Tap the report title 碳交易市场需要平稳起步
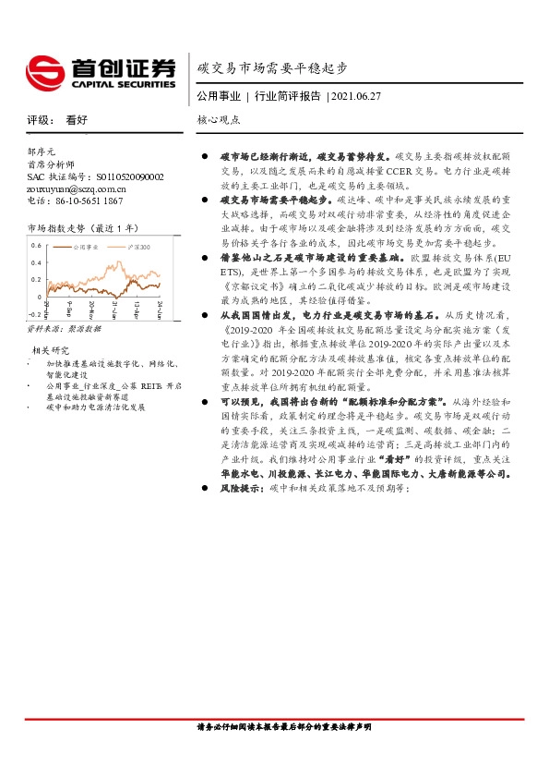[273, 68]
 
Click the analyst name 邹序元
[42, 151]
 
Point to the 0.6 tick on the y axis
[35, 246]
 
